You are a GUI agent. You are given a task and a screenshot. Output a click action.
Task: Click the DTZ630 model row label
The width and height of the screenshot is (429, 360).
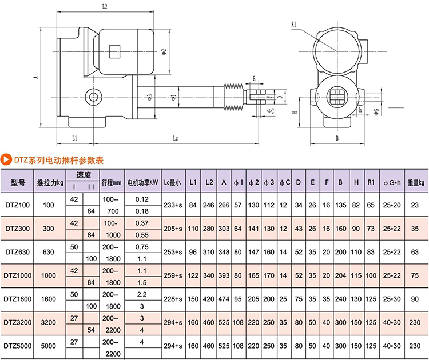click(18, 251)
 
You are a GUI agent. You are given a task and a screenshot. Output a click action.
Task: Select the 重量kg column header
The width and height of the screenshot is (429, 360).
click(415, 182)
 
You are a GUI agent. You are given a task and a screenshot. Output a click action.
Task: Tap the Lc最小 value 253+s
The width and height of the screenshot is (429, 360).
click(172, 251)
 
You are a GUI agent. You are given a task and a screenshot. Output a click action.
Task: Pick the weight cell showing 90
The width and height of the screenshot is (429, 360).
click(415, 298)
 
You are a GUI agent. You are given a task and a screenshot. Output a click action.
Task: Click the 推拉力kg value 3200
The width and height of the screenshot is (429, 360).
click(49, 322)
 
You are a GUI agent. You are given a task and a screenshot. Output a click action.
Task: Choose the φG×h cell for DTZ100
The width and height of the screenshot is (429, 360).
click(392, 204)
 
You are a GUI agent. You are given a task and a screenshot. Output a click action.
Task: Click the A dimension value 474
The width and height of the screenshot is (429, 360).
click(224, 298)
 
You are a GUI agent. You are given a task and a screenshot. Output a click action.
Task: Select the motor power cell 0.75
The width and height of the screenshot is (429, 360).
click(142, 246)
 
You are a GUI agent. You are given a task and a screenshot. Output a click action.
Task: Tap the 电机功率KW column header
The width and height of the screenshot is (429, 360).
click(142, 182)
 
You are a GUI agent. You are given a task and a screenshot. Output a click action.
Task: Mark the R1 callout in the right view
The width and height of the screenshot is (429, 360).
click(293, 24)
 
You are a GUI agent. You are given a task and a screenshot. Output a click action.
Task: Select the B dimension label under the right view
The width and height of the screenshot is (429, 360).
click(337, 138)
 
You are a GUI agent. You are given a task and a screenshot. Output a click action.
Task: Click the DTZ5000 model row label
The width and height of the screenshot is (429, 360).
click(18, 346)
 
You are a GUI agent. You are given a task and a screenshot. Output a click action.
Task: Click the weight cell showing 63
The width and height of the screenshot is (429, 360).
click(415, 251)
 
